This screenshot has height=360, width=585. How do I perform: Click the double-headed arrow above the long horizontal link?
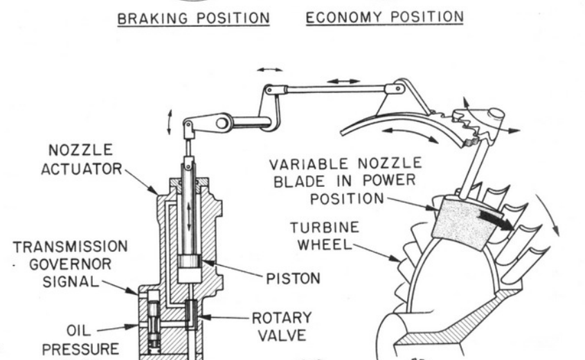click(x=343, y=81)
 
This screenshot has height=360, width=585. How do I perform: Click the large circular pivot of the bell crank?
click(x=222, y=124)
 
